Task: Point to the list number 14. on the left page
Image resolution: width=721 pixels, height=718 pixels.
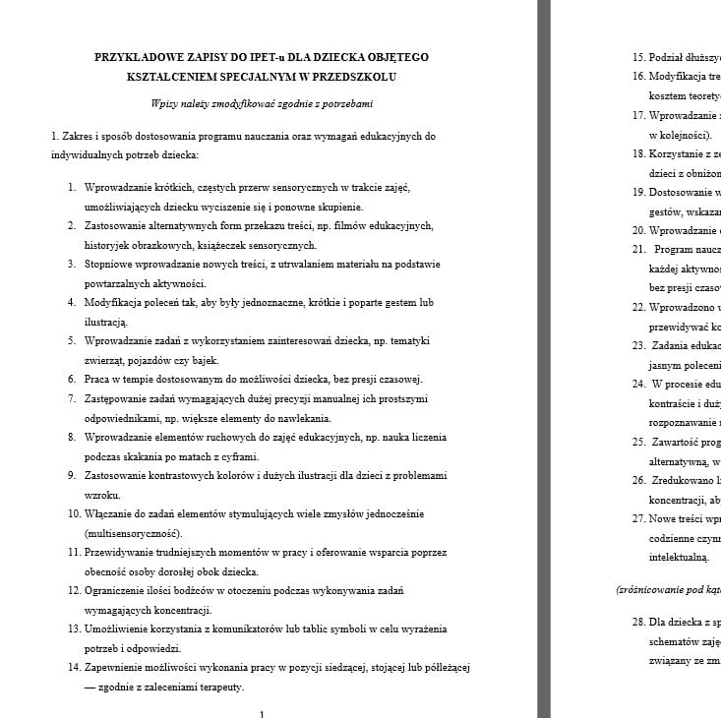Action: tap(75, 667)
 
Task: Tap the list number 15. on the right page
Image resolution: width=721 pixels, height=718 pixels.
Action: tap(638, 57)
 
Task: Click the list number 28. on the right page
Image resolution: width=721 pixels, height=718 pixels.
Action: tap(638, 622)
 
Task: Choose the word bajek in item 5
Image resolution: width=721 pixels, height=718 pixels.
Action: tap(203, 360)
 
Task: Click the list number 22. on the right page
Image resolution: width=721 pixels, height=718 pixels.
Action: tap(638, 307)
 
